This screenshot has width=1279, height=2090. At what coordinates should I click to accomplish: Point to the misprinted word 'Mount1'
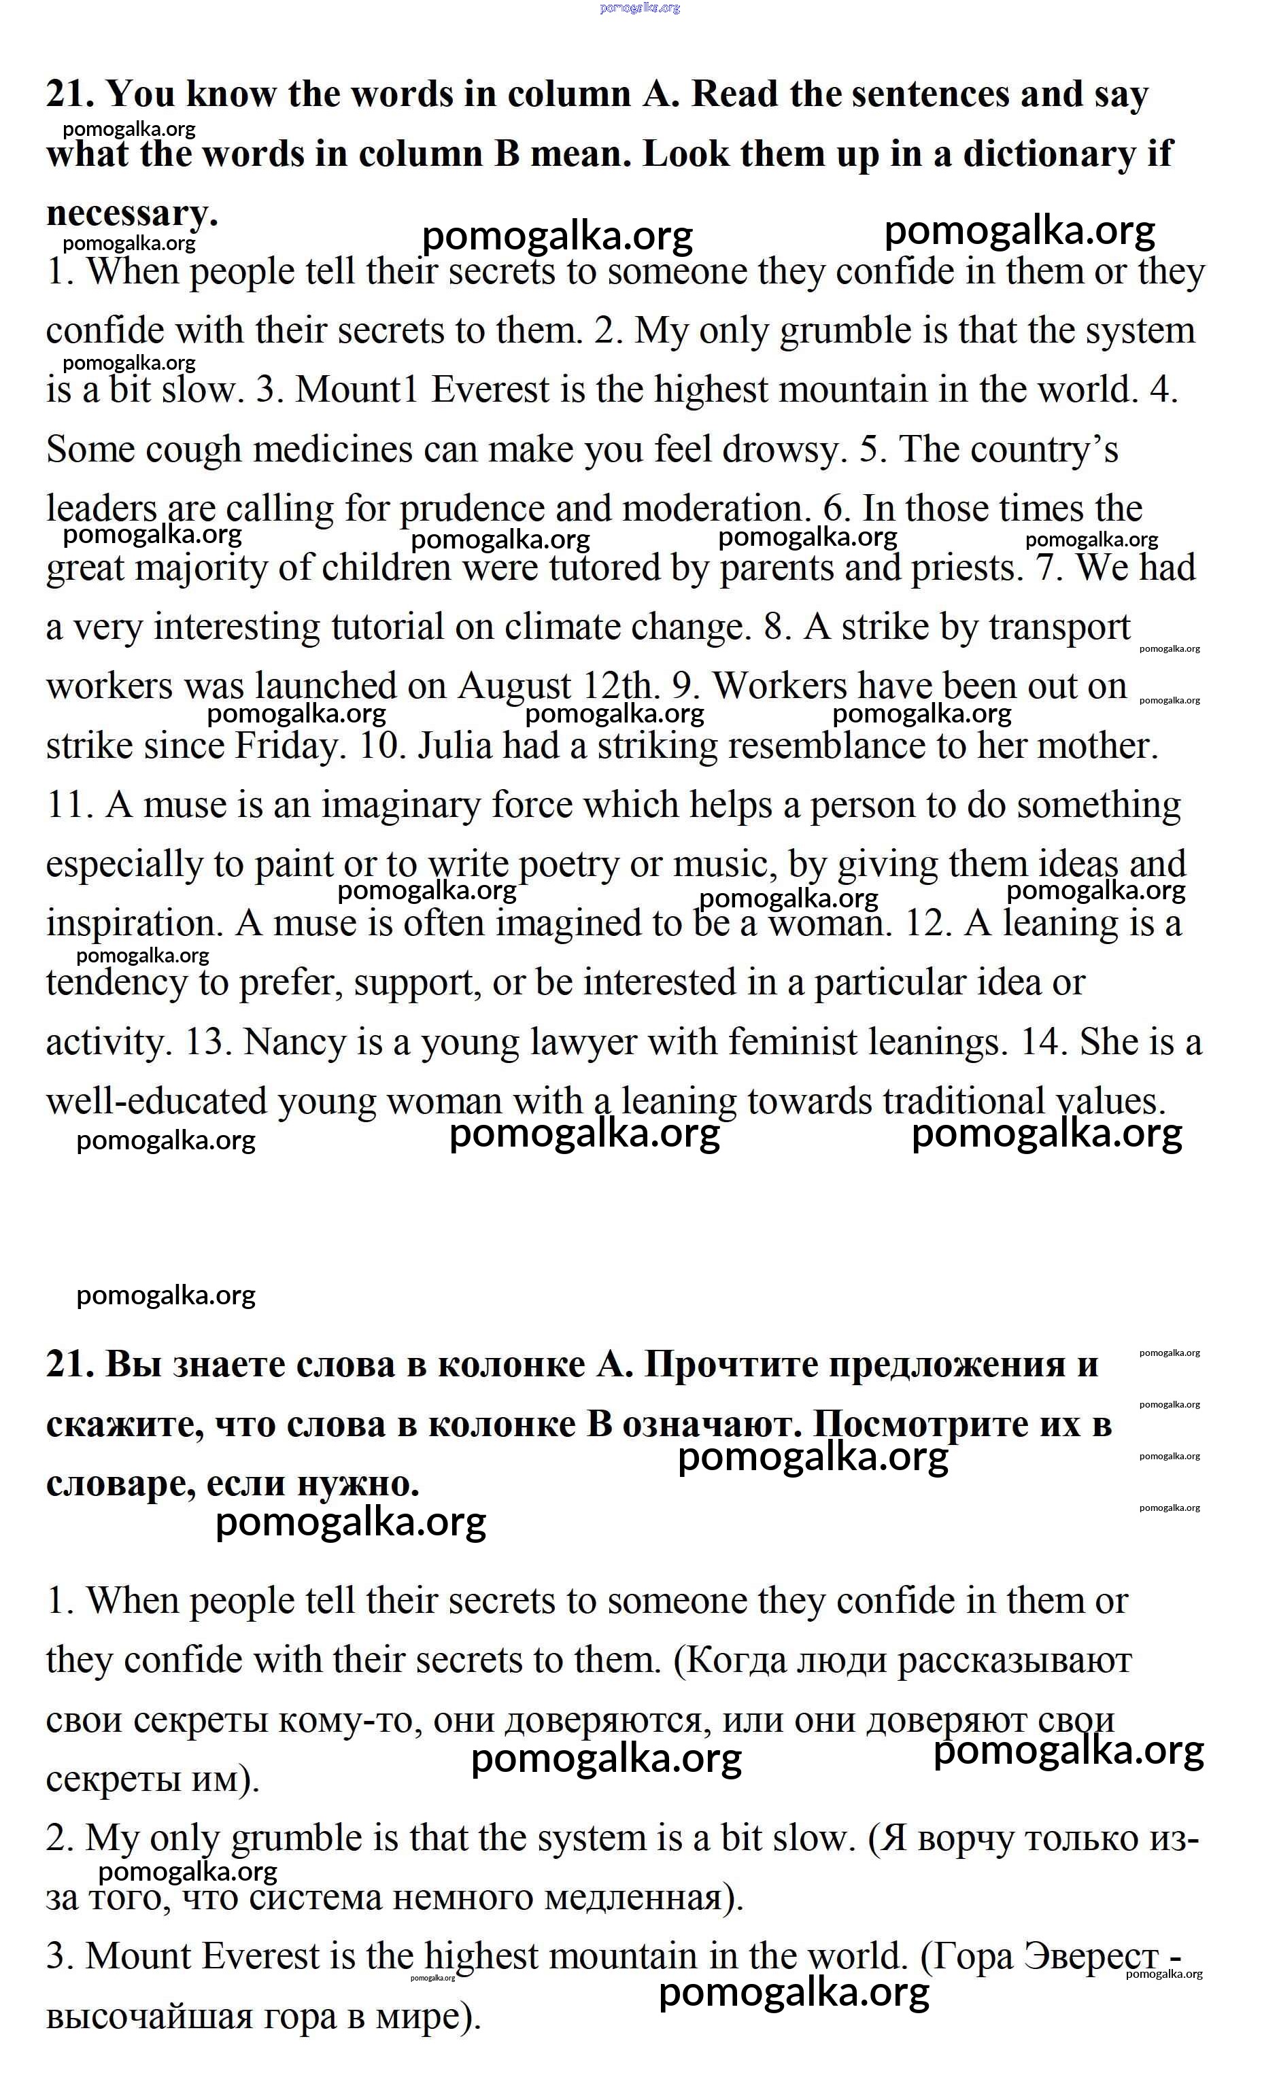[356, 390]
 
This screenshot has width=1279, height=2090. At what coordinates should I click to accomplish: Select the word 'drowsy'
[784, 449]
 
